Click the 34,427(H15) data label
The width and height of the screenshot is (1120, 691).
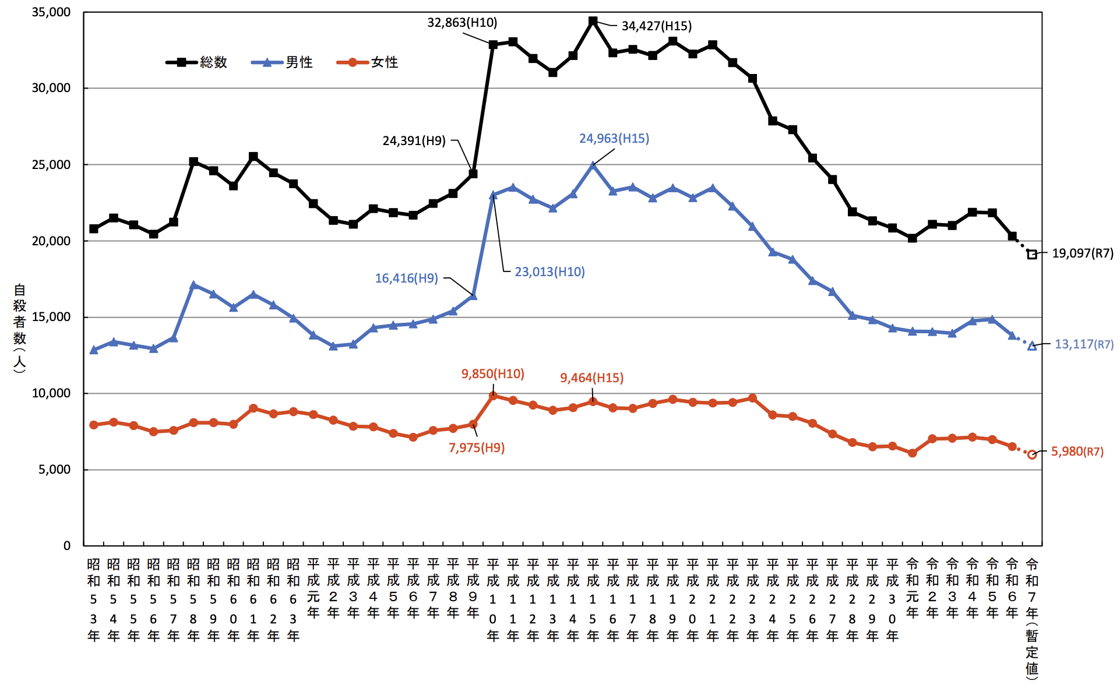656,26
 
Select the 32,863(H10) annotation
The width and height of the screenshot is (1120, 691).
462,23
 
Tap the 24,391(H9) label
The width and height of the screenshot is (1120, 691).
414,140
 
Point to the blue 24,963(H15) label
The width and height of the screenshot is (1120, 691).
614,139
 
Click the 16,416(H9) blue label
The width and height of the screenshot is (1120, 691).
406,278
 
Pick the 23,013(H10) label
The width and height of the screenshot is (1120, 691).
550,272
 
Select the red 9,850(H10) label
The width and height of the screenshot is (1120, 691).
492,374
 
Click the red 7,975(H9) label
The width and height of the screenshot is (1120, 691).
476,448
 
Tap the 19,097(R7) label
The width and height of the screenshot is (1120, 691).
1082,253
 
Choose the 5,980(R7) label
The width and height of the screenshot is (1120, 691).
1077,452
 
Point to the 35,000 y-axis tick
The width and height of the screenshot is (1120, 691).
51,12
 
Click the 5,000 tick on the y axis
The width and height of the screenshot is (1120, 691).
54,470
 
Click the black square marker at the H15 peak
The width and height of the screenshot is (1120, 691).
593,21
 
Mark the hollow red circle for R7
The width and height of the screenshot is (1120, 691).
1031,454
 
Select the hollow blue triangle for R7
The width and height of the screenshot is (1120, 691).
1031,346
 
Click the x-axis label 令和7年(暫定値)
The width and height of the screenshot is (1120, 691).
1031,618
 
